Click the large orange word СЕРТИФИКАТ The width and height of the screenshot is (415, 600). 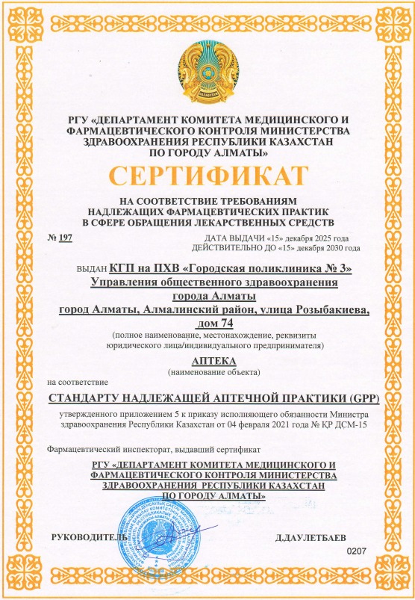pyautogui.click(x=207, y=177)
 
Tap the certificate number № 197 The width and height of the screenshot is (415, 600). pyautogui.click(x=62, y=237)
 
